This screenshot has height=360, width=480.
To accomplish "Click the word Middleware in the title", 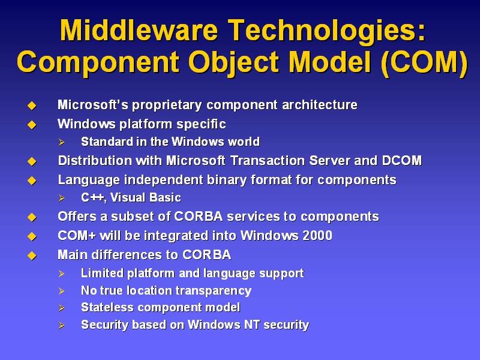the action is (139, 30).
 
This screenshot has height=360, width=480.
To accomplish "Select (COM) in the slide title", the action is (424, 63).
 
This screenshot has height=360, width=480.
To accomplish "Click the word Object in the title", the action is (234, 64).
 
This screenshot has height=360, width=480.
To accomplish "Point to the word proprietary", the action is (167, 106).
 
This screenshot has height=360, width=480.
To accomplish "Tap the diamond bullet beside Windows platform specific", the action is (32, 125).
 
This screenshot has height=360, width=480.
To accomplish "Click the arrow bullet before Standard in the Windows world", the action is (62, 142).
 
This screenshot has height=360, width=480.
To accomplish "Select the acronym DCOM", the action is (402, 161).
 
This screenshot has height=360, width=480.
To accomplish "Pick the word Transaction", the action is (267, 161).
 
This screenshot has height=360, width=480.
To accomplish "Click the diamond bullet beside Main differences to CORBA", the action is (32, 256).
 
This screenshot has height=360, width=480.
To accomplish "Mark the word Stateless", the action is (107, 307).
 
